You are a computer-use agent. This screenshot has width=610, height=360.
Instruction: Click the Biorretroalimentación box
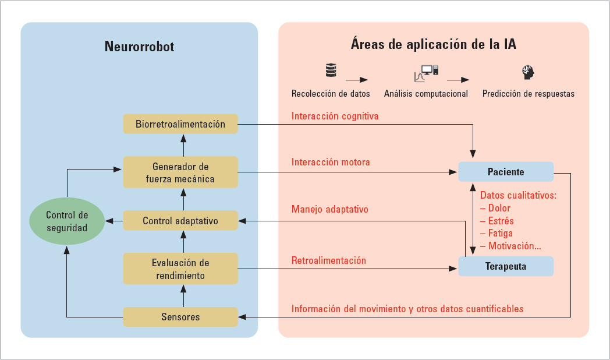[180, 124]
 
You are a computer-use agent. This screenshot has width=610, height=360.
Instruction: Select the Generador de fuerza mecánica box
[180, 172]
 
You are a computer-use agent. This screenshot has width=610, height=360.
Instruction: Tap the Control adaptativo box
[180, 221]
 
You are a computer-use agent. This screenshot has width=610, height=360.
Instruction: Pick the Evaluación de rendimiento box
[180, 269]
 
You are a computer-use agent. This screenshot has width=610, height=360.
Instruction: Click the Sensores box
[180, 317]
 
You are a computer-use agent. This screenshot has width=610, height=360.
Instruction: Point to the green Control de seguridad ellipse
[67, 221]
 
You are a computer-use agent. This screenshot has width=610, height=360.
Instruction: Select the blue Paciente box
[505, 172]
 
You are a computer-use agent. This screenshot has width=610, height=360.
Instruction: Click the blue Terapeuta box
[505, 266]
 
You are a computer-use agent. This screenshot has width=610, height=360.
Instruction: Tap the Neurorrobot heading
[139, 47]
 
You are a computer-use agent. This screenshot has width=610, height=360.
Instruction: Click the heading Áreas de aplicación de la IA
[434, 44]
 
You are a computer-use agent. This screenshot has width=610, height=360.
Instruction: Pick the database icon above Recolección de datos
[331, 72]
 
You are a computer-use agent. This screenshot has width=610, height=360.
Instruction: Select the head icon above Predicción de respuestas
[528, 72]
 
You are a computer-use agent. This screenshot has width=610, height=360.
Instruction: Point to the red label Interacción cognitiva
[335, 116]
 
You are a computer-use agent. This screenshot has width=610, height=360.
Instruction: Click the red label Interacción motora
[331, 162]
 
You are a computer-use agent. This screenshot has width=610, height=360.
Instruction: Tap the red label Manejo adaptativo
[329, 209]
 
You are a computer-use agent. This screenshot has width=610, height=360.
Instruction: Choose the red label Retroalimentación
[329, 260]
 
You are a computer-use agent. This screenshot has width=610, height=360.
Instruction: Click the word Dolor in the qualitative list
[499, 208]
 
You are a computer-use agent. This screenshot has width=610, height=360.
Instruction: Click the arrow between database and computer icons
[357, 79]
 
